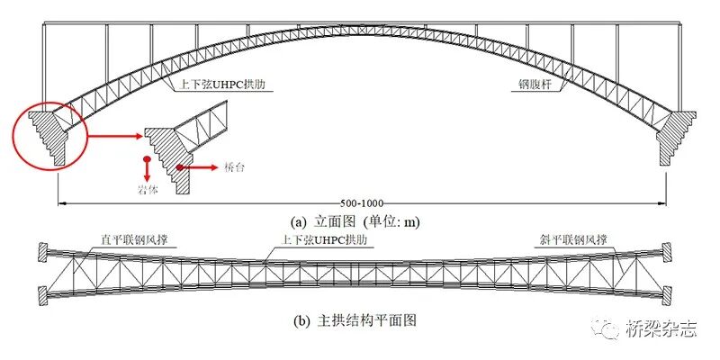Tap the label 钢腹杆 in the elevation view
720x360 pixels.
click(x=534, y=86)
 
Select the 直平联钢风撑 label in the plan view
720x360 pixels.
click(x=139, y=239)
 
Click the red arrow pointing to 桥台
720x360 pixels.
click(x=198, y=167)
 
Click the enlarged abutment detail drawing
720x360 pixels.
click(x=184, y=144)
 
